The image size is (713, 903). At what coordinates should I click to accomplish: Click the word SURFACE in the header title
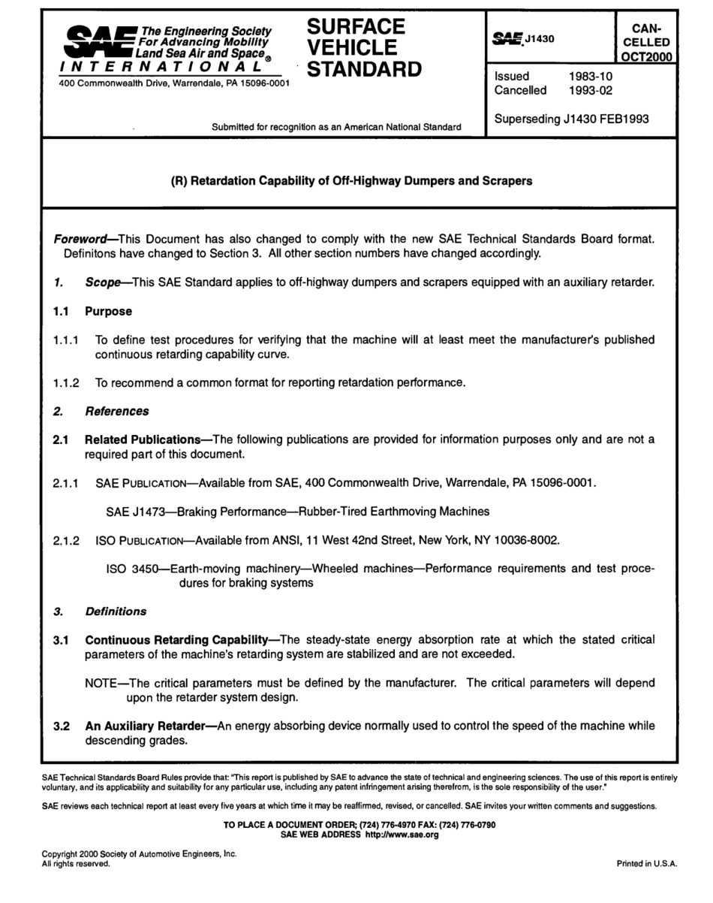click(x=356, y=28)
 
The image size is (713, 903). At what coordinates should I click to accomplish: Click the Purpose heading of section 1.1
click(x=108, y=310)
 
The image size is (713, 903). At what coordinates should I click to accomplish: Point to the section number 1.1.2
click(x=67, y=382)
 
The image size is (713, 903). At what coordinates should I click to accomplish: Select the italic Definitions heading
click(x=116, y=611)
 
